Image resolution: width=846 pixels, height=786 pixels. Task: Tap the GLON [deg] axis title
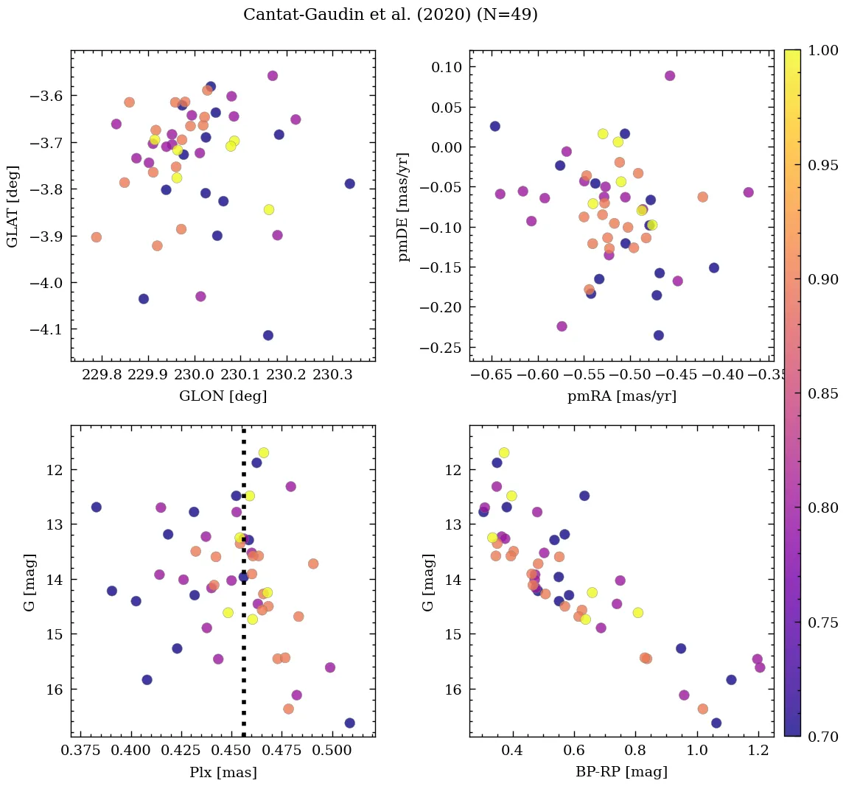tap(223, 396)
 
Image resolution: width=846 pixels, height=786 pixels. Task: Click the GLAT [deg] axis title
tap(13, 206)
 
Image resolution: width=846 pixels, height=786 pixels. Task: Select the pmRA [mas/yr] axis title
tap(621, 396)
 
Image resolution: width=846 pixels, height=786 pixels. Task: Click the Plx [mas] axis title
tap(223, 773)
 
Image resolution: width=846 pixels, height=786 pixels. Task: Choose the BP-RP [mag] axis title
tap(621, 773)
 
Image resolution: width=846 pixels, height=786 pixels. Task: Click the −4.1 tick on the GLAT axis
tap(49, 329)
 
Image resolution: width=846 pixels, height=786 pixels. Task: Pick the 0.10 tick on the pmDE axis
tap(444, 67)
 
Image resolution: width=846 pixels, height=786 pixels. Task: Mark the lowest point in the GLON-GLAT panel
tap(268, 335)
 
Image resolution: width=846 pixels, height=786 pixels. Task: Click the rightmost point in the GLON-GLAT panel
tap(349, 183)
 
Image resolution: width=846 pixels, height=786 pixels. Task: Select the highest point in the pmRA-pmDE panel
tap(670, 76)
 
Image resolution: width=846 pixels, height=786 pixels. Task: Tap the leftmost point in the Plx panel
tap(96, 507)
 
